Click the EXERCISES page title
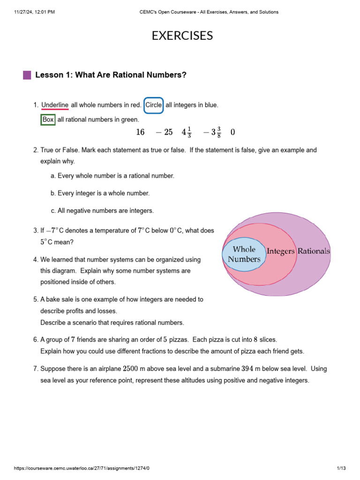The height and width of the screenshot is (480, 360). point(182,36)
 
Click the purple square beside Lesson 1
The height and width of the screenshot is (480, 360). point(27,75)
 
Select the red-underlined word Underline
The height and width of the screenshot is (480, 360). point(55,105)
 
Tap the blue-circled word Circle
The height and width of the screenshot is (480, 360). point(153,105)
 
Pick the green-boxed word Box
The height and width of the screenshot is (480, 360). point(48,120)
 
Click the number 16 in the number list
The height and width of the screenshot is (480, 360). point(140,133)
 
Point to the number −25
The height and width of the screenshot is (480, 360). point(164,133)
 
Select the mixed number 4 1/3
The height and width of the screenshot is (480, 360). point(187,133)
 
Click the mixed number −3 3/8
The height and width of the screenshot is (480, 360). point(212,133)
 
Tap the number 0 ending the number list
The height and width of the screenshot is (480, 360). point(233,133)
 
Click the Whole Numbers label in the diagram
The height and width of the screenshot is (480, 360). point(244,254)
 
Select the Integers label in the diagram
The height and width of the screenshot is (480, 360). point(280,251)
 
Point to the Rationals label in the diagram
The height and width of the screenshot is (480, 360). point(314,251)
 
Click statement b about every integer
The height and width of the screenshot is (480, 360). point(100,193)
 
